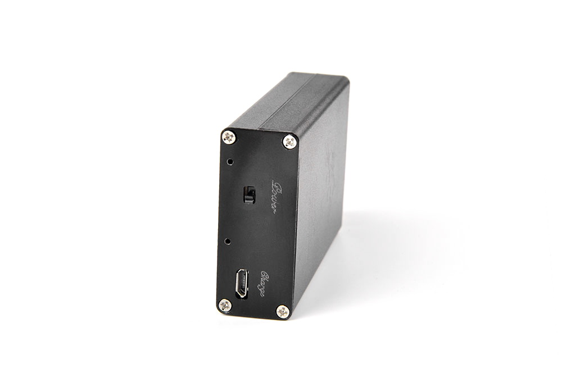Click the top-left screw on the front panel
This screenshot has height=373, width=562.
229,137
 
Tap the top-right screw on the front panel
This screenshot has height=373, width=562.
289,142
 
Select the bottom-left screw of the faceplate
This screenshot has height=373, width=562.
225,305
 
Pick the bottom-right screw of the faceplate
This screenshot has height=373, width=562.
283,312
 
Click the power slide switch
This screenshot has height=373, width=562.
249,195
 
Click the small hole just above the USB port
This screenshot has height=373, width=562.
227,241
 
